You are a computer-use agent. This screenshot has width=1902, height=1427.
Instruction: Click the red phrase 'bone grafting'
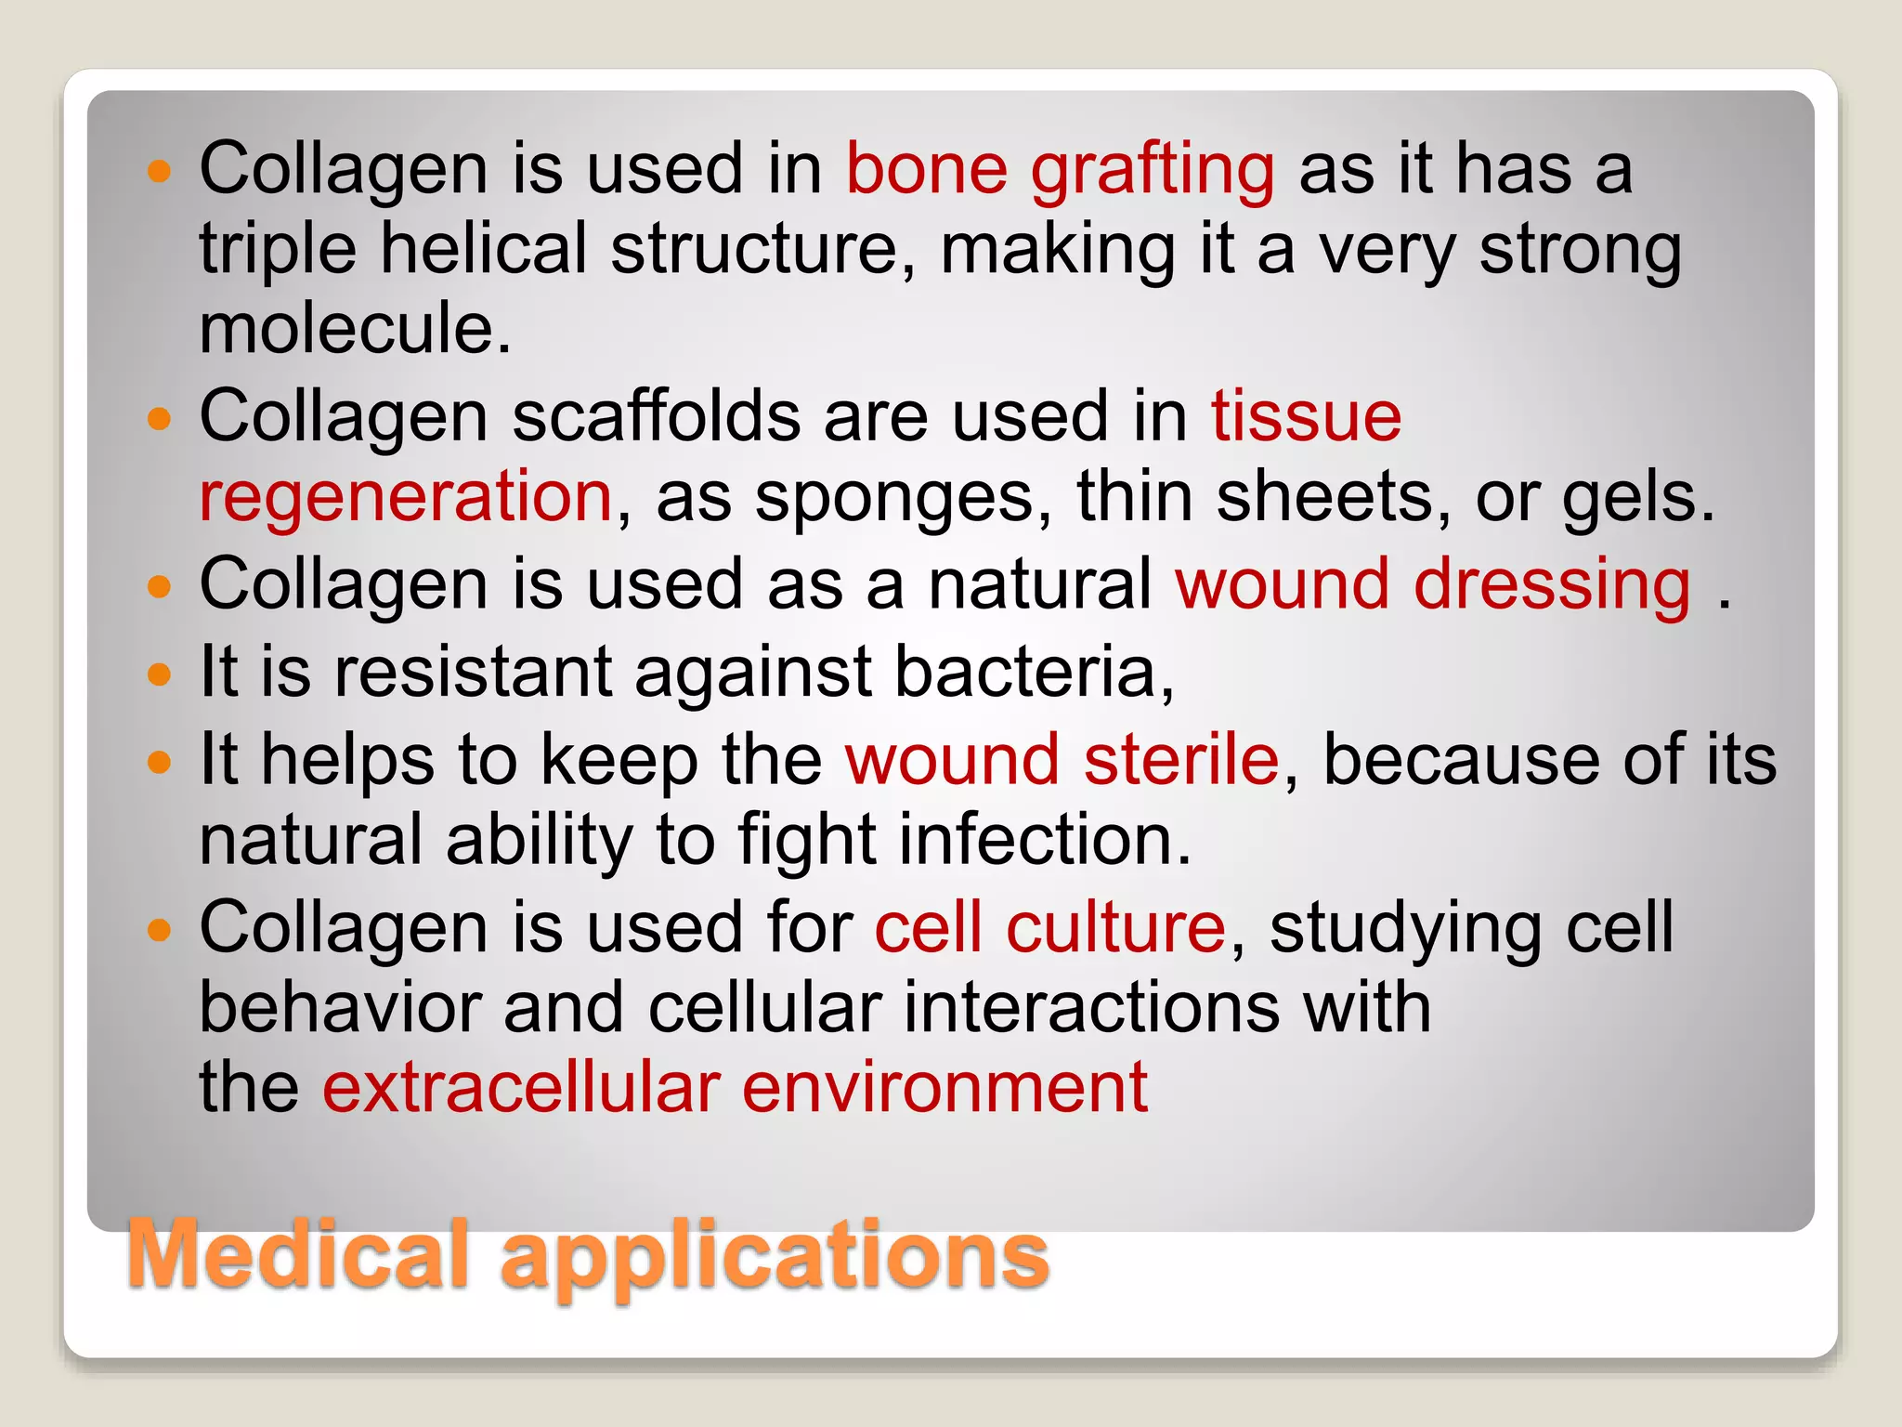coord(1060,170)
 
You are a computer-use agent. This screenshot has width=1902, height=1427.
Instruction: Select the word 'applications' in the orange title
coord(775,1256)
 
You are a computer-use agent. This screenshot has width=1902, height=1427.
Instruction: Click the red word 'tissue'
coord(1306,417)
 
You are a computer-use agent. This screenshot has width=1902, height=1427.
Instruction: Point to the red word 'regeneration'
coord(406,497)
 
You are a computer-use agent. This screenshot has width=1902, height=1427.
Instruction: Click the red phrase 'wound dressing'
coord(1433,585)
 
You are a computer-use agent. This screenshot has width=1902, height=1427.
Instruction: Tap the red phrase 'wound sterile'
coord(1062,760)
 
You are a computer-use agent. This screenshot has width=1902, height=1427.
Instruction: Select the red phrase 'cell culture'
coord(1050,928)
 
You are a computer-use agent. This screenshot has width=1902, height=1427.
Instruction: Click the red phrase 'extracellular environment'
coord(735,1088)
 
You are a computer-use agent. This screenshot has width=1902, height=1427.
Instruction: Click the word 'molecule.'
coord(356,330)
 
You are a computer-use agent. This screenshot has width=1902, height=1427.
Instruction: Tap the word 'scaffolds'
coord(656,417)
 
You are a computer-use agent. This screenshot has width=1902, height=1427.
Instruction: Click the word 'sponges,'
coord(904,497)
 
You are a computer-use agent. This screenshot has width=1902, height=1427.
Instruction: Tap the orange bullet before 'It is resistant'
coord(160,674)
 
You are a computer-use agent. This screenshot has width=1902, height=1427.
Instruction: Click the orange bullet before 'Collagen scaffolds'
coord(160,419)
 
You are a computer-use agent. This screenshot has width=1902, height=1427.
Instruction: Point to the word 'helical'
coord(484,249)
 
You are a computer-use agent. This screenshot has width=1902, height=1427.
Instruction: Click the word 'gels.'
coord(1637,497)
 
